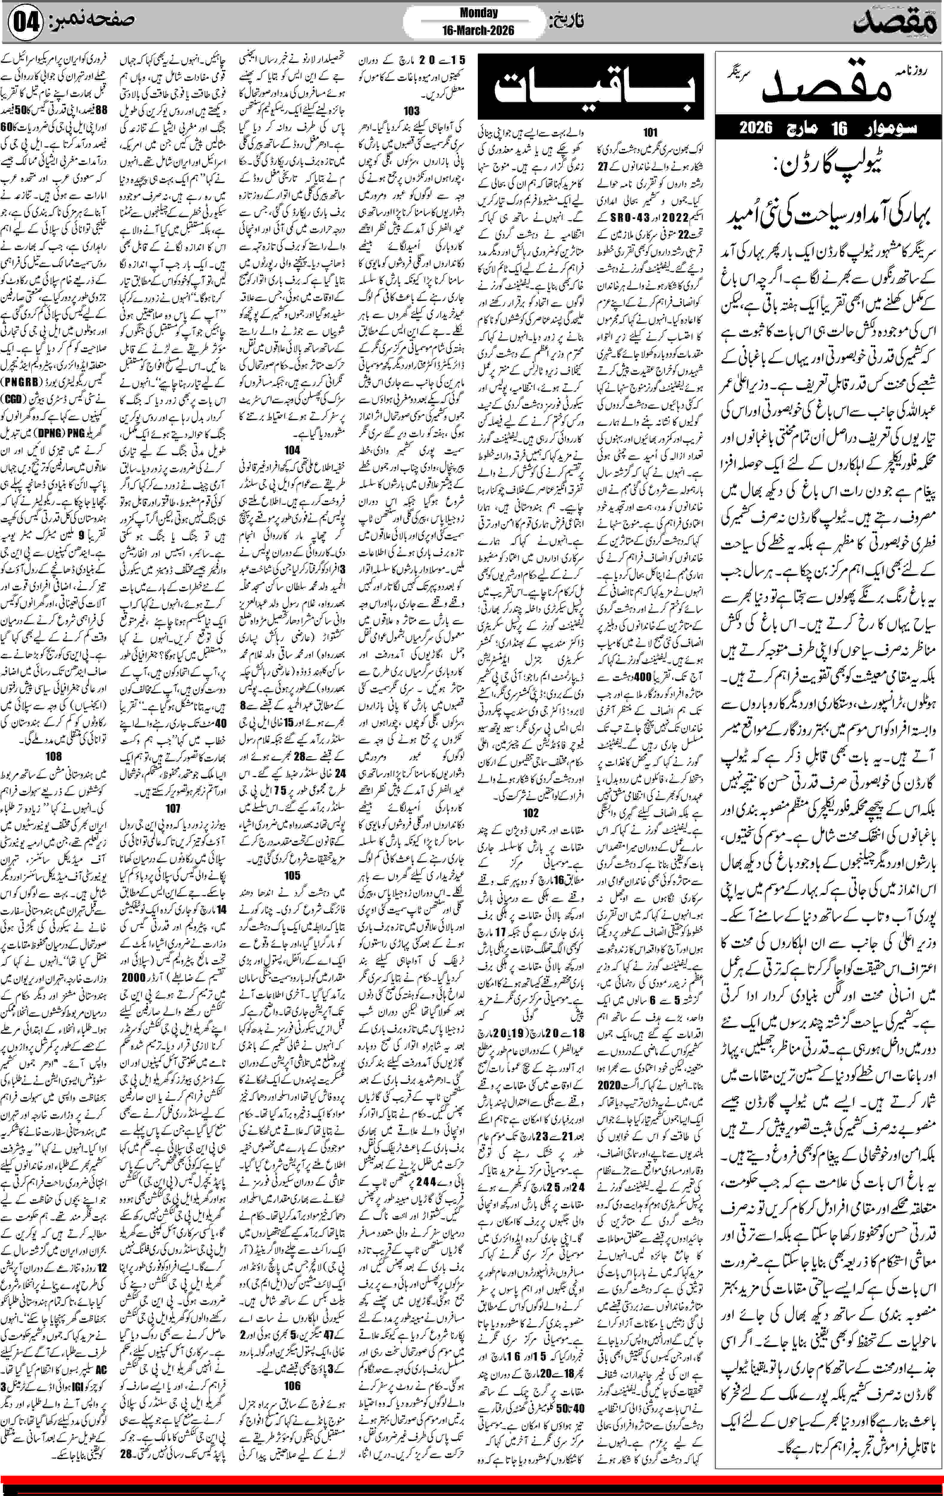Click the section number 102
pos(531,812)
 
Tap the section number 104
pos(292,450)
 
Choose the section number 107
pos(173,808)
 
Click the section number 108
pos(54,756)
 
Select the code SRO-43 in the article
pos(618,218)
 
